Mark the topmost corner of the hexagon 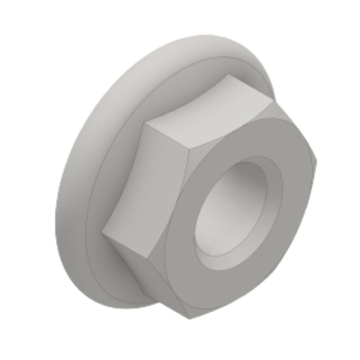click(232, 77)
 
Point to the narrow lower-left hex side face click(144, 270)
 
